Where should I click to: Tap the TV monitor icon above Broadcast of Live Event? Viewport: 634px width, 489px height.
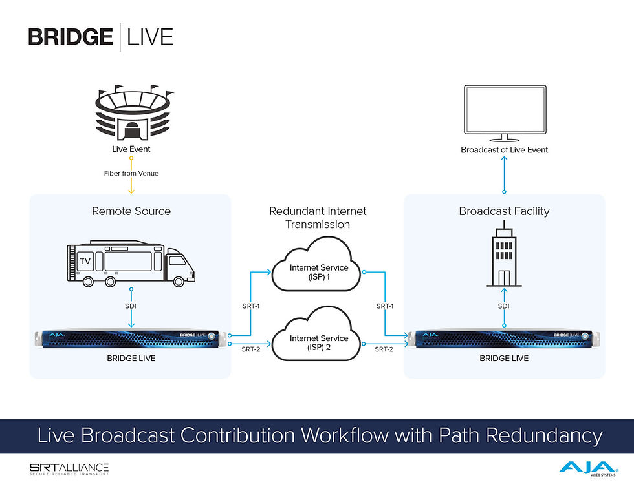click(x=504, y=113)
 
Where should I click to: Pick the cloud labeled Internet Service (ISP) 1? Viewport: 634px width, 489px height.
click(x=318, y=272)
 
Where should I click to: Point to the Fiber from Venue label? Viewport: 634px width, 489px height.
click(x=131, y=173)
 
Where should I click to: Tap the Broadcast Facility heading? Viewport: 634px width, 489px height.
click(x=504, y=211)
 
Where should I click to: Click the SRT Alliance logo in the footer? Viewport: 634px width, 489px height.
click(x=69, y=469)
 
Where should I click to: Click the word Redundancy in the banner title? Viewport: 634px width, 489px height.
click(x=544, y=435)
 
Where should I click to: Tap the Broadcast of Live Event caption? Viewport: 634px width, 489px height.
click(x=504, y=150)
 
